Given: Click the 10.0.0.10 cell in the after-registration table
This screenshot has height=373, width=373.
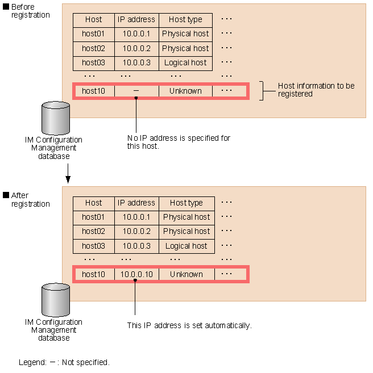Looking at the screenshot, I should (x=136, y=274).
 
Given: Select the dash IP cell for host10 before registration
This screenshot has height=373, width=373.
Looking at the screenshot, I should (x=136, y=91).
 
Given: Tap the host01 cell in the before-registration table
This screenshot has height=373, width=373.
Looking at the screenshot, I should (x=93, y=33).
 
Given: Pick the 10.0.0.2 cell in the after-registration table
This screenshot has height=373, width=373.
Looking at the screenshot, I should (x=136, y=231).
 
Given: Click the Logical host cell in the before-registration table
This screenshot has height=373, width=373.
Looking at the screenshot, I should (x=185, y=62).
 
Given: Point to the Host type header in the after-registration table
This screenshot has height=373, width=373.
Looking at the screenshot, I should (x=186, y=203).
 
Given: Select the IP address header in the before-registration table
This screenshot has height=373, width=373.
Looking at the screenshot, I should (x=136, y=19).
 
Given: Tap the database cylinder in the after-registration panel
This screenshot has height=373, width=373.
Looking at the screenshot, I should (x=56, y=300).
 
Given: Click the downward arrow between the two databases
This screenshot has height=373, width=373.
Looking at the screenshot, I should (x=68, y=174).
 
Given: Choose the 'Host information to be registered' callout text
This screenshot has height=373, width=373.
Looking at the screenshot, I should (x=316, y=90).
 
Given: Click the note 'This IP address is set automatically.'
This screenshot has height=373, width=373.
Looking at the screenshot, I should (x=189, y=325).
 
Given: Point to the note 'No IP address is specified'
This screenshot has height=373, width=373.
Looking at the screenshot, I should (x=179, y=142).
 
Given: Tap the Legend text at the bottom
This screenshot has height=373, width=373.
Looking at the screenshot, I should (x=64, y=362).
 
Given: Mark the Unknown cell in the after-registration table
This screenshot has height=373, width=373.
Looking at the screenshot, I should (x=186, y=274).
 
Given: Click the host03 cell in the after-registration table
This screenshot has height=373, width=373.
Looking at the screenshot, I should (x=93, y=246).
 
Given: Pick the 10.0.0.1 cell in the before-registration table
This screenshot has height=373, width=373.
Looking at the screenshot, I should (x=136, y=33).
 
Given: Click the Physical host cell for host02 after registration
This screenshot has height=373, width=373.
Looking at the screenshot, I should (x=186, y=231).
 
